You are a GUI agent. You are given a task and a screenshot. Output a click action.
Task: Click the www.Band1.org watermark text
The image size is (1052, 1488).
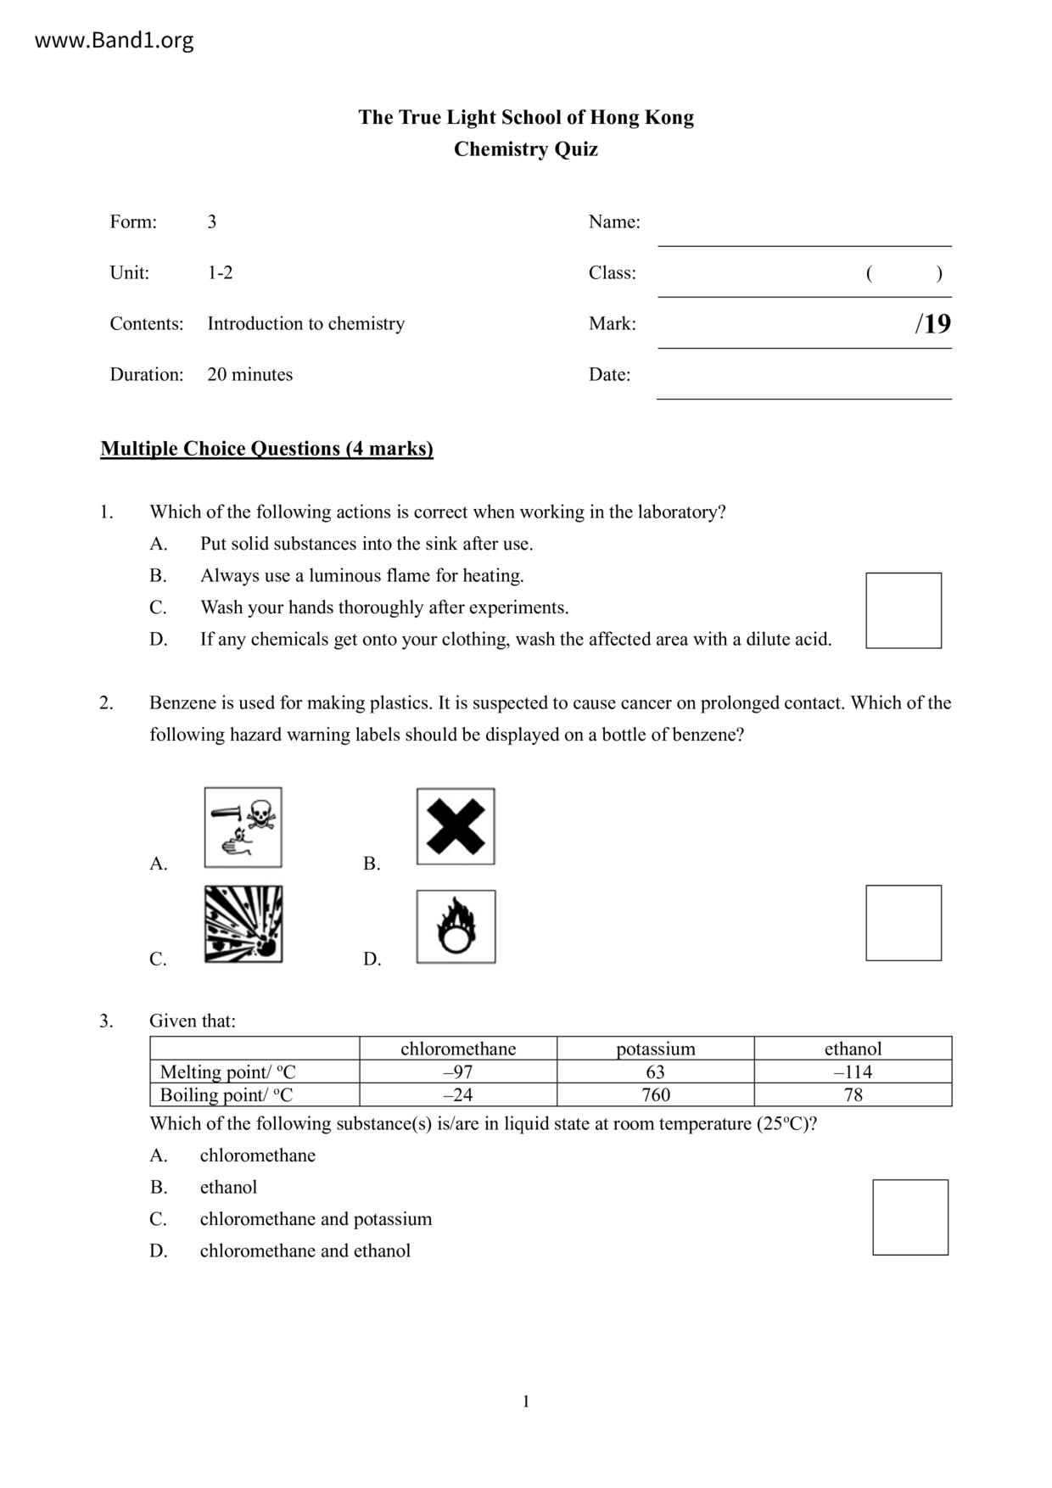tap(114, 41)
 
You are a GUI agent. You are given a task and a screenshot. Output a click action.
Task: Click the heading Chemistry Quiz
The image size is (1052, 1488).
tap(525, 149)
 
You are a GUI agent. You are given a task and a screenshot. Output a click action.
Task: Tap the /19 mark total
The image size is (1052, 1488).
tap(932, 323)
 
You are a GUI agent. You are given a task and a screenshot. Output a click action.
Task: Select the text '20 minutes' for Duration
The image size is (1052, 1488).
tap(249, 374)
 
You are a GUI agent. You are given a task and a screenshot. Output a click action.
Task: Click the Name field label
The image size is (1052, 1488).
tap(613, 221)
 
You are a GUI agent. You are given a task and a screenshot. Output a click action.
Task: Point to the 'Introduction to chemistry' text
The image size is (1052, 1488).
tap(305, 323)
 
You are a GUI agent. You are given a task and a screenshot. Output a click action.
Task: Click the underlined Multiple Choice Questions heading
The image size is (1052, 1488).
tap(266, 449)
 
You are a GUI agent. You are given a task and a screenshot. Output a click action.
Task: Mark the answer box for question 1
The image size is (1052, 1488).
tap(903, 611)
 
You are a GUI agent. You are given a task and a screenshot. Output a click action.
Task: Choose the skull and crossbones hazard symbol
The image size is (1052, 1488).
tap(243, 827)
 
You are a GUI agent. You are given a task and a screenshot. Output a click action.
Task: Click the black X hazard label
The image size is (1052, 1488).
tap(456, 826)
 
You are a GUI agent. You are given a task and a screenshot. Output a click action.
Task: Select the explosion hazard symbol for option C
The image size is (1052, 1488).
tap(243, 924)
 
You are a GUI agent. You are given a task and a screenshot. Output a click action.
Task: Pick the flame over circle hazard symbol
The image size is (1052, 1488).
tap(456, 926)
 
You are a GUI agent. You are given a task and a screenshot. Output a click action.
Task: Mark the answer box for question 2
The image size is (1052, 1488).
tap(903, 923)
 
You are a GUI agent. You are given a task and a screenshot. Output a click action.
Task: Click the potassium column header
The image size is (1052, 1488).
tap(655, 1049)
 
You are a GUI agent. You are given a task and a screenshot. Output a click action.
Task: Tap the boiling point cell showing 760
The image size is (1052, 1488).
tap(655, 1094)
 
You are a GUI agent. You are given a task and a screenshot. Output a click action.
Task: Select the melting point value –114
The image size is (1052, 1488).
tap(853, 1071)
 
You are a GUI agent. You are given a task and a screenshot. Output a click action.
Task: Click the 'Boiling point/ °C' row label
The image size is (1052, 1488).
tap(227, 1094)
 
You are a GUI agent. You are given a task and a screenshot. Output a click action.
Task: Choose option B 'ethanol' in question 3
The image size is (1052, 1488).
tap(228, 1187)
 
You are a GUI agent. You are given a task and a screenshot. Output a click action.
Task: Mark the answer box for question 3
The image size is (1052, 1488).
tap(909, 1217)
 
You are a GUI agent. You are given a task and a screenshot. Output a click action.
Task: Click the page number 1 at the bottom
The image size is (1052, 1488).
tap(526, 1401)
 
